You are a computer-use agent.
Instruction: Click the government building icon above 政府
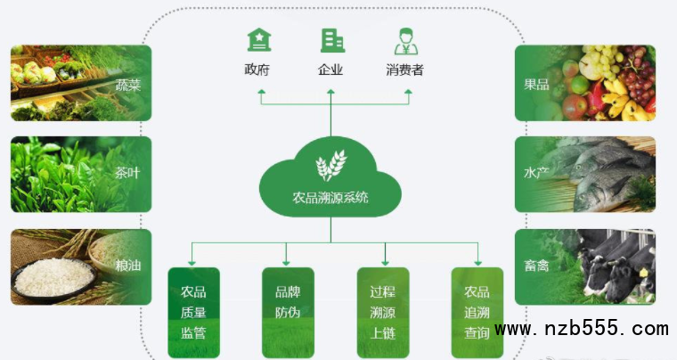pyautogui.click(x=259, y=40)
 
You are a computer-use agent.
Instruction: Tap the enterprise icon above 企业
pyautogui.click(x=332, y=40)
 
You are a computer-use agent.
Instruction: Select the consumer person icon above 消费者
pyautogui.click(x=405, y=41)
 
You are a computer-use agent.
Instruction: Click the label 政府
pyautogui.click(x=257, y=70)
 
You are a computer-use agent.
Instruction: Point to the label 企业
pyautogui.click(x=330, y=70)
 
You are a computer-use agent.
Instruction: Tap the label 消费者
pyautogui.click(x=405, y=70)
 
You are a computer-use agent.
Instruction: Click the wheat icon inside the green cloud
pyautogui.click(x=330, y=165)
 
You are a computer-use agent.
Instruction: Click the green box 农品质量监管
pyautogui.click(x=193, y=313)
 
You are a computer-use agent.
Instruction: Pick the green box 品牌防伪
pyautogui.click(x=288, y=313)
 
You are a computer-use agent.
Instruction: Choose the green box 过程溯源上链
pyautogui.click(x=382, y=313)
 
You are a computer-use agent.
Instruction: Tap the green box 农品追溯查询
pyautogui.click(x=477, y=313)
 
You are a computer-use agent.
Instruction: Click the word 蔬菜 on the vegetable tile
pyautogui.click(x=128, y=86)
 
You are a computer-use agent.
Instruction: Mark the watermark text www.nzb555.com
pyautogui.click(x=581, y=330)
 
